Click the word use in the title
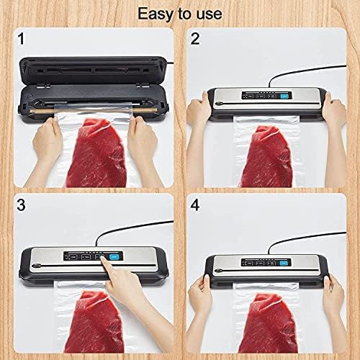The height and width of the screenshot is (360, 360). pyautogui.click(x=207, y=14)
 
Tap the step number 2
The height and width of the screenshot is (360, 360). pyautogui.click(x=194, y=38)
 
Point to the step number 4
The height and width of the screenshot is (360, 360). pyautogui.click(x=194, y=205)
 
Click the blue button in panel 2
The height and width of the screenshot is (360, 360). pyautogui.click(x=286, y=96)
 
